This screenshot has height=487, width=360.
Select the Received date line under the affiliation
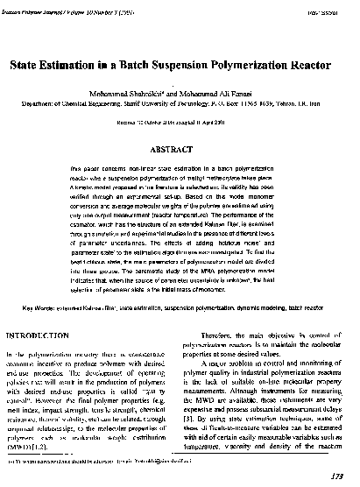pyautogui.click(x=180, y=124)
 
